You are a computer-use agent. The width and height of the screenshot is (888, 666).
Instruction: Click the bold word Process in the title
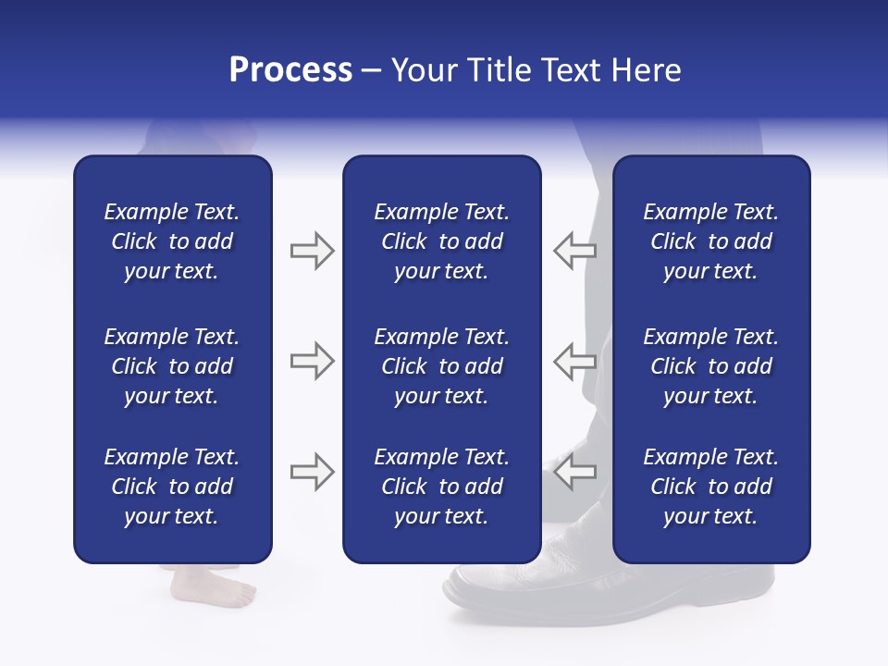coord(290,70)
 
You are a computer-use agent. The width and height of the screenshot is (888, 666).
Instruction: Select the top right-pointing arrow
coord(312,251)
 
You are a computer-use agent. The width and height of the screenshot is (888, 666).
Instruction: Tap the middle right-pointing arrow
coord(312,361)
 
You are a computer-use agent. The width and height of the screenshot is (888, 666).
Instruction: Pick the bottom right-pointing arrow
coord(312,472)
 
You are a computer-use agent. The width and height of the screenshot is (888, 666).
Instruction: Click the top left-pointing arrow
coord(574,251)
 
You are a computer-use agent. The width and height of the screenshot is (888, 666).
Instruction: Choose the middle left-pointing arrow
coord(574,361)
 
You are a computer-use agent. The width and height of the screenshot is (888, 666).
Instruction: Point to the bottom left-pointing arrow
coord(574,472)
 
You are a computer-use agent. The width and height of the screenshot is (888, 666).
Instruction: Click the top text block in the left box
coord(172,241)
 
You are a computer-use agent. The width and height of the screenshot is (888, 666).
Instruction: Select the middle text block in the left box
coord(172,366)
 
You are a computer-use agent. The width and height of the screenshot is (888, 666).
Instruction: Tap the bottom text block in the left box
coord(172,487)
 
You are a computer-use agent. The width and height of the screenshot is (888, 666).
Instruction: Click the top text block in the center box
coord(441,241)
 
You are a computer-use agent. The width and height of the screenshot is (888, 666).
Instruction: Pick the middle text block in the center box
coord(441,366)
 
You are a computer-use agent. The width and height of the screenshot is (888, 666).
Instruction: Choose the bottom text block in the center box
coord(441,487)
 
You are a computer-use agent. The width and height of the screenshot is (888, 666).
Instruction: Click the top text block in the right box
coord(710,241)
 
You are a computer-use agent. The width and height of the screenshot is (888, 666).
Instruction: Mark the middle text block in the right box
coord(710,366)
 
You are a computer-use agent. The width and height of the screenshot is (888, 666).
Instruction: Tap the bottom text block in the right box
coord(710,487)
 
